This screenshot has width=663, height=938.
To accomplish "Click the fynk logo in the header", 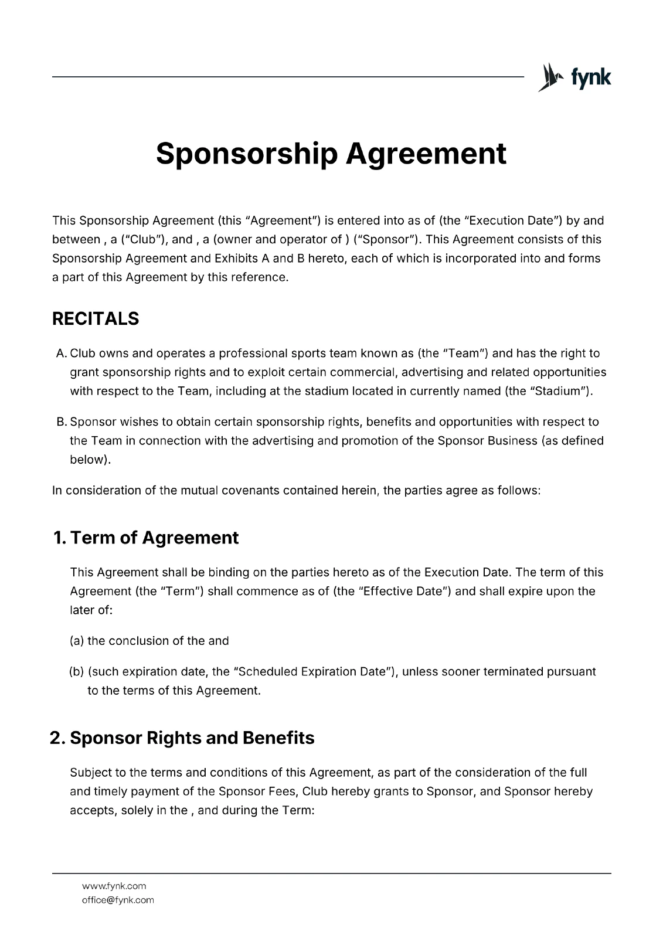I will click(574, 77).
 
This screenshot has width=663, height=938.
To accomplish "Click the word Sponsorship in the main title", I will click(246, 154).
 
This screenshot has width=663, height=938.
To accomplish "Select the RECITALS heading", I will click(96, 319).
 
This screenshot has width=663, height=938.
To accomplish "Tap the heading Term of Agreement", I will click(155, 538).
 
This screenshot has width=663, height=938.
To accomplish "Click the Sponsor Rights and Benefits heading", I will click(192, 738).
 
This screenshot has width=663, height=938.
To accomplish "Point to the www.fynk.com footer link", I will click(114, 886).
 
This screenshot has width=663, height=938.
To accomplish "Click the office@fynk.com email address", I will click(118, 900).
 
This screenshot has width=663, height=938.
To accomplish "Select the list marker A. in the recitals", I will click(62, 354).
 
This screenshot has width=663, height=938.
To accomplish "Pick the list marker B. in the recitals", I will click(62, 422).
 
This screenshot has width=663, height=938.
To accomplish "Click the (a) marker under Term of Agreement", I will click(77, 641).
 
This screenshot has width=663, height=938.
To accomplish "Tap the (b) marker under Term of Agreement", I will click(77, 671).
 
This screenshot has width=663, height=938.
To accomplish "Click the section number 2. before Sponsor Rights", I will click(57, 738).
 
